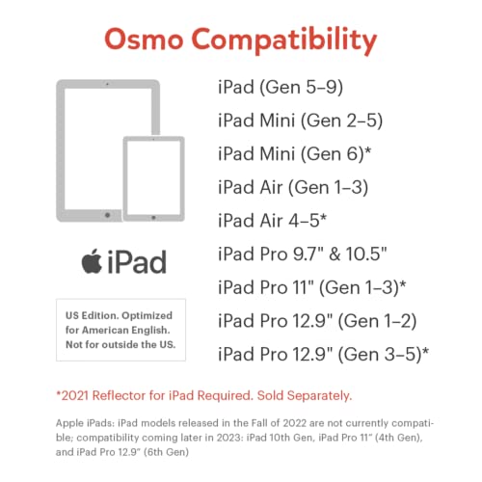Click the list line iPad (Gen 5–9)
tap(281, 88)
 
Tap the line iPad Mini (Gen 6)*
tap(295, 153)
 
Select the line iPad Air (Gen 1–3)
tap(294, 186)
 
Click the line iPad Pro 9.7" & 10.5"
tap(303, 253)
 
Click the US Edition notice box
tap(120, 329)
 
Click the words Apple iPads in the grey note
tap(84, 422)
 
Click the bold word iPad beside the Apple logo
tap(134, 261)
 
